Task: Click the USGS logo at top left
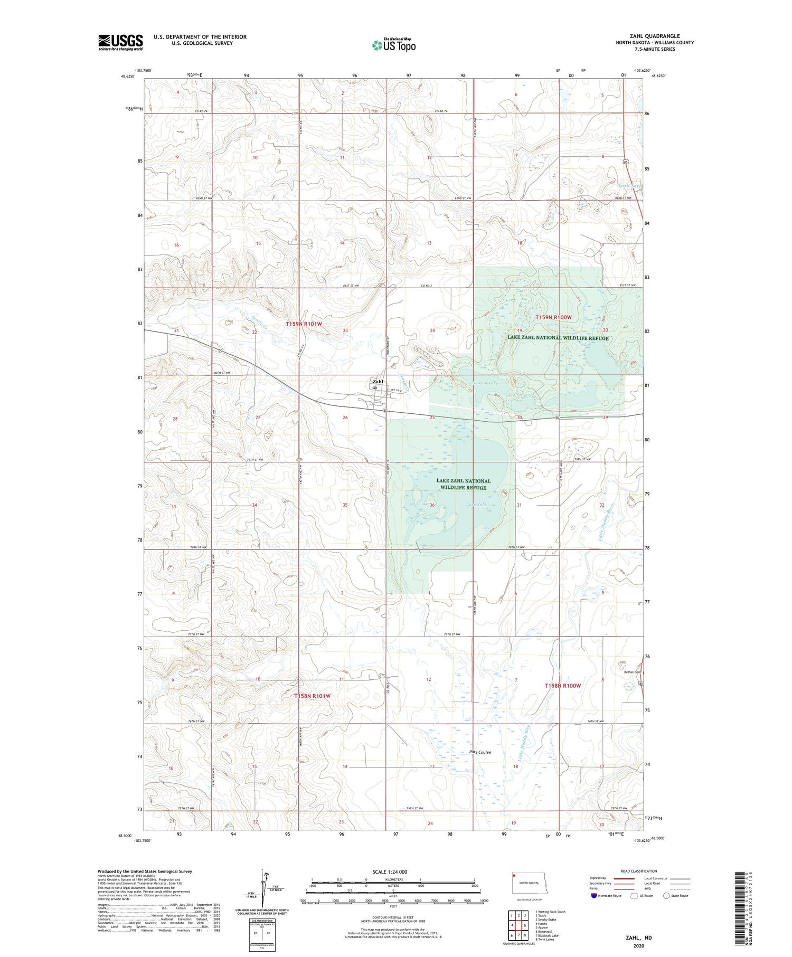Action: [x=120, y=42]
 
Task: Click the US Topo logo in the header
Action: [x=394, y=45]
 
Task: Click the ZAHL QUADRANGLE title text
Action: [x=655, y=36]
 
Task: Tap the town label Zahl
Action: [x=378, y=382]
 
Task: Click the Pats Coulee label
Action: [x=480, y=752]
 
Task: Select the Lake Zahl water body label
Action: [x=476, y=505]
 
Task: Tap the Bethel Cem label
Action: [x=632, y=672]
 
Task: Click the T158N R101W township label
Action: [x=312, y=696]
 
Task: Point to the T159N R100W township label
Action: [x=553, y=317]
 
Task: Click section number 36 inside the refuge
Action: [x=432, y=505]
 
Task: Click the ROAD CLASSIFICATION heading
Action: [x=639, y=871]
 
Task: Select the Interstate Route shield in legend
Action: [x=594, y=896]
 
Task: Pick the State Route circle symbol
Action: [x=666, y=896]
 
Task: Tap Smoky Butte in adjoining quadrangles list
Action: [x=546, y=920]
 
